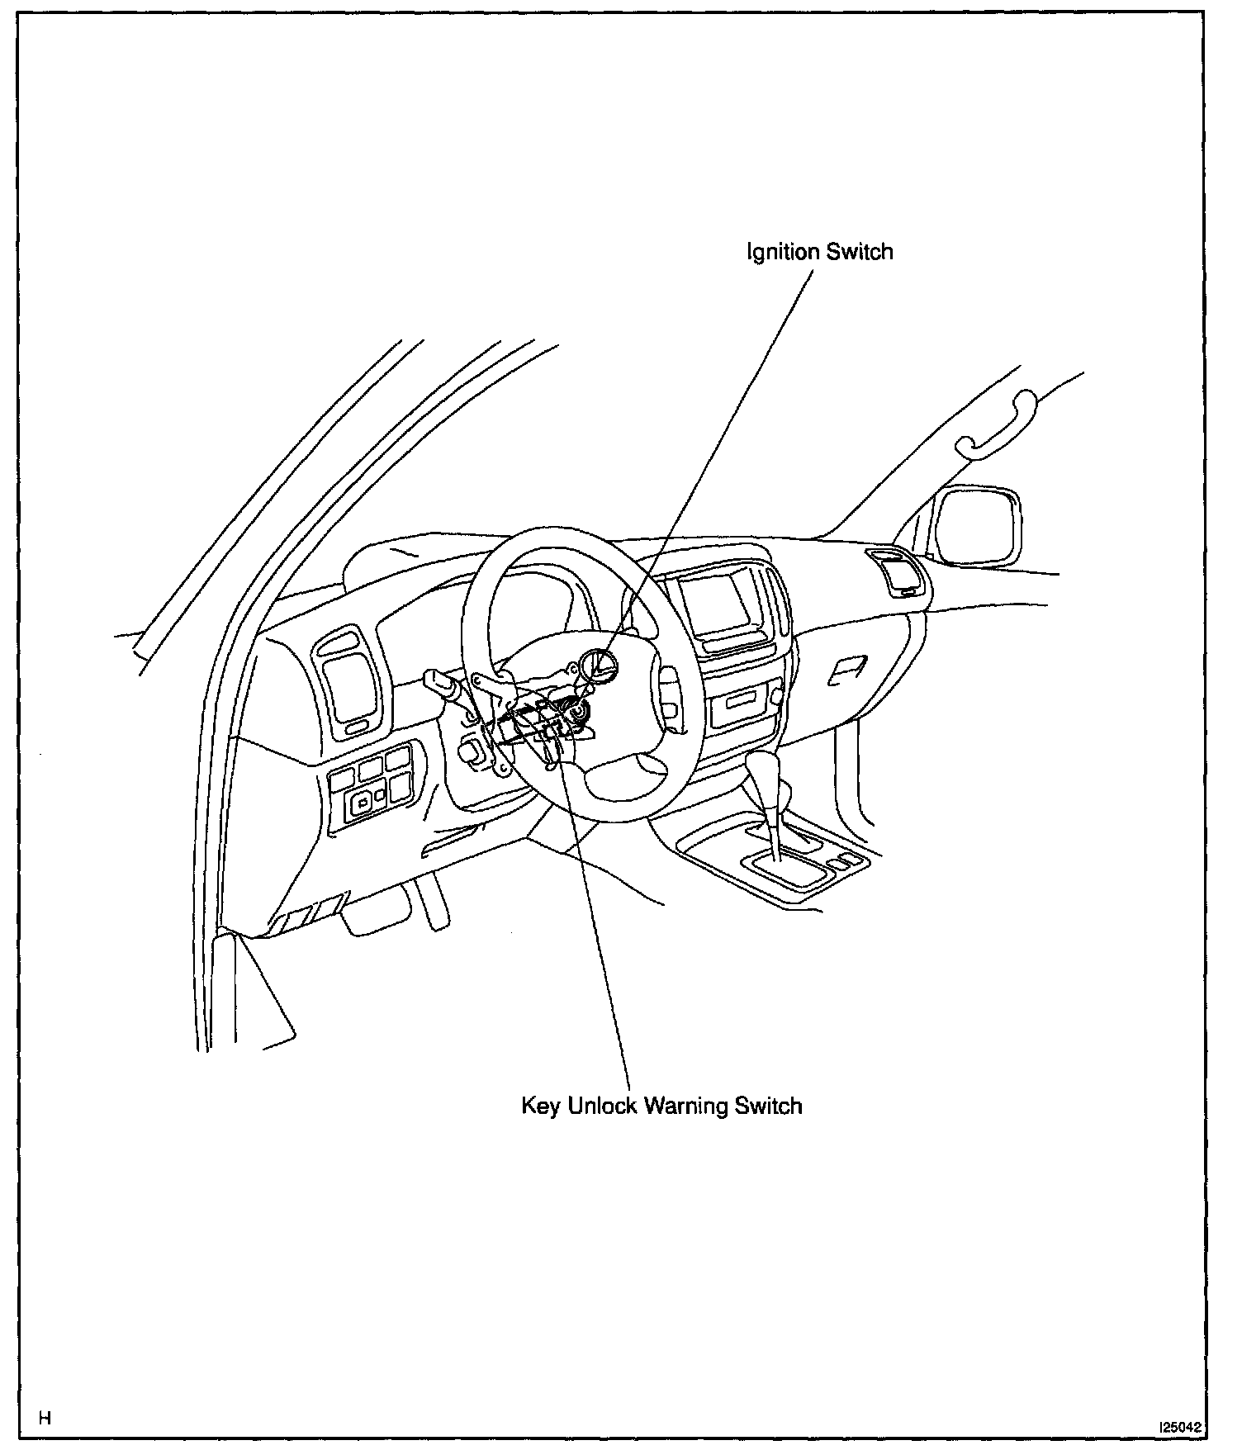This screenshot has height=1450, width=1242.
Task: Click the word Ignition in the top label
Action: [784, 251]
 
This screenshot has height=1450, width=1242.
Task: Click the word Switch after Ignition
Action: [860, 251]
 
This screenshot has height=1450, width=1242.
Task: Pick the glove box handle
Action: [847, 671]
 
